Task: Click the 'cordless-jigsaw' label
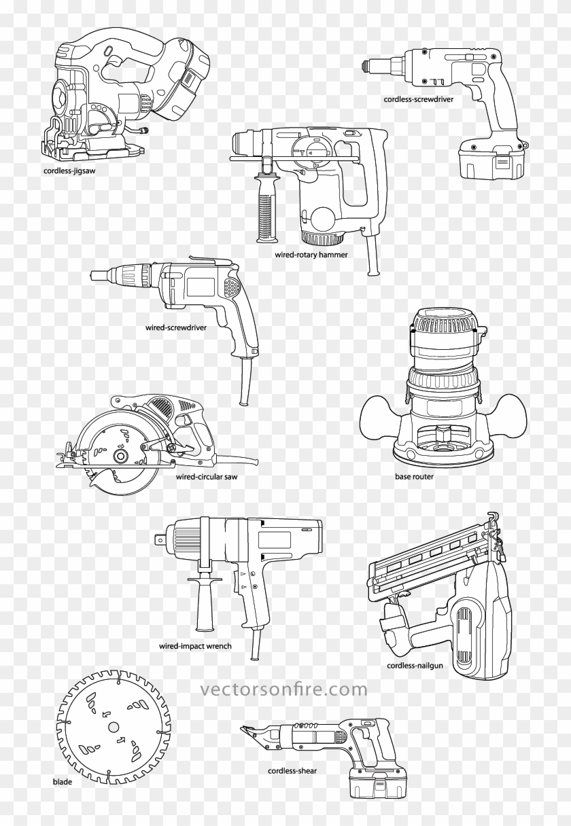point(69,170)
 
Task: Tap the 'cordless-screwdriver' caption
point(419,98)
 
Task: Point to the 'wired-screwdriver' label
point(175,326)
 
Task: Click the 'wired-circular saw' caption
point(207,477)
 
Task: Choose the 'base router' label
point(414,477)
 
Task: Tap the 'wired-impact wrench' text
point(195,646)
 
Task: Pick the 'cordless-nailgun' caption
point(415,666)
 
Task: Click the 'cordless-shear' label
point(292,771)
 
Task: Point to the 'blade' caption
point(62,782)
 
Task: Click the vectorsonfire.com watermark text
point(283,690)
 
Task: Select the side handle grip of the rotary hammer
point(262,208)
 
